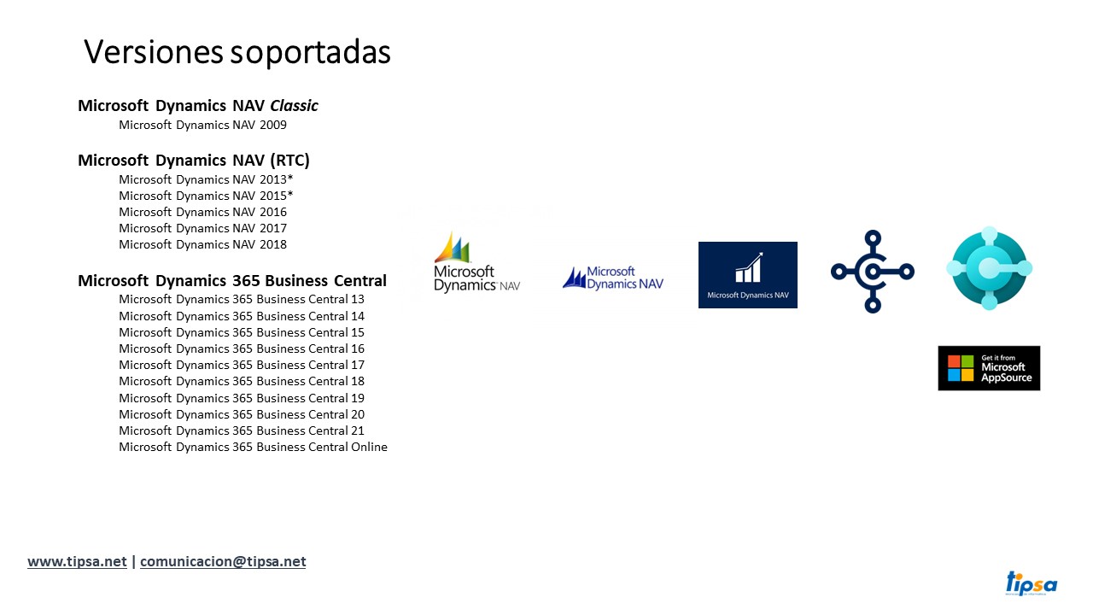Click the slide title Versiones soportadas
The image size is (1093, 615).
tap(237, 52)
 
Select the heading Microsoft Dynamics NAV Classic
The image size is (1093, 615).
tap(197, 105)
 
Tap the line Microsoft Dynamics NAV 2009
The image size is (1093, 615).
tap(202, 125)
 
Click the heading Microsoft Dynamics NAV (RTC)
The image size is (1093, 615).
tap(194, 160)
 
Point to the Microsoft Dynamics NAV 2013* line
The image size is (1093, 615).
tap(206, 179)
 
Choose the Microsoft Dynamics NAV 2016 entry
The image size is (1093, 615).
tap(202, 212)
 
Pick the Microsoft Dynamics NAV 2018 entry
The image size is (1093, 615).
tap(202, 244)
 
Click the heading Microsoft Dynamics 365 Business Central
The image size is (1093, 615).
tap(232, 281)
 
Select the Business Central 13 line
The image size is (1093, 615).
tap(242, 299)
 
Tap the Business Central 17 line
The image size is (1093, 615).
tap(242, 365)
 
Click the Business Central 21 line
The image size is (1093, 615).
tap(242, 430)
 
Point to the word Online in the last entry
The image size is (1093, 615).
tap(369, 447)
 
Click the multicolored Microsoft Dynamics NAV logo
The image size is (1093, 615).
tap(476, 262)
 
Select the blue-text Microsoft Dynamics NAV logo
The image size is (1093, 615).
tap(613, 278)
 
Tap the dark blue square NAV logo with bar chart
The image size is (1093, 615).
tap(747, 275)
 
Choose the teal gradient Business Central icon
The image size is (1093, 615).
tap(989, 268)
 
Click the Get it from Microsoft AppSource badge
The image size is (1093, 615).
tap(989, 368)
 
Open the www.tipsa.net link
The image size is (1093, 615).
tap(77, 561)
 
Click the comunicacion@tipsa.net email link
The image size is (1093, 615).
tap(223, 561)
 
